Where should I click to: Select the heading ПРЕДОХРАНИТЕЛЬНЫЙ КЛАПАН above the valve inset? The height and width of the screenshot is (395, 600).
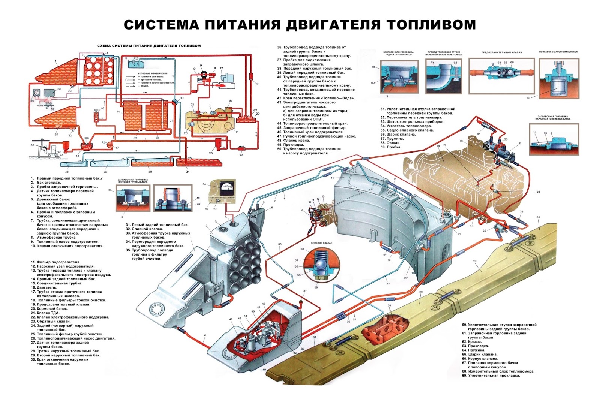501,53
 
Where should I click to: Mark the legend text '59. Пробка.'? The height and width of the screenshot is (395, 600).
391,147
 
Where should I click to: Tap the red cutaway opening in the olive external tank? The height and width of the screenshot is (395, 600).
386,330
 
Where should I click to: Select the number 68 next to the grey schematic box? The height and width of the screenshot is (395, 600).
59,89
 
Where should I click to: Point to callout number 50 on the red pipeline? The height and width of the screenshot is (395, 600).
280,244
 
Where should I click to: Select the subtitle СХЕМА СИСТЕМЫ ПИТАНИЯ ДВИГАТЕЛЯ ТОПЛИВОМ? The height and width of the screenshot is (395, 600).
149,46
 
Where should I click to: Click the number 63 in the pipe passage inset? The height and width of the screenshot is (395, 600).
455,63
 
